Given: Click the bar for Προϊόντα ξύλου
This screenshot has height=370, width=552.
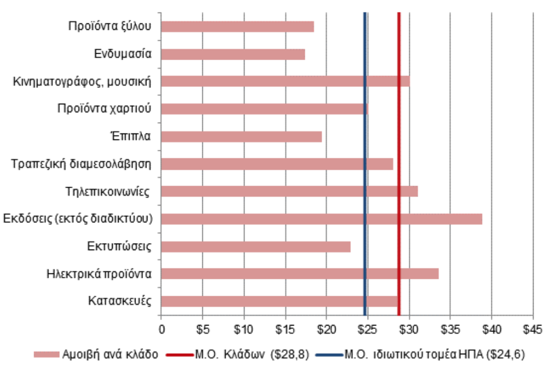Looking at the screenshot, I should [238, 27].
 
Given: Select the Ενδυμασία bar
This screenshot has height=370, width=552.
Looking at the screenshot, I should [233, 54].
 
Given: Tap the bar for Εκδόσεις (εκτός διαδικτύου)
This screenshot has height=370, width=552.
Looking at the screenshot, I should [322, 219].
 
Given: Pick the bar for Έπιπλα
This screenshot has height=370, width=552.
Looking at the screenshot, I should [241, 137].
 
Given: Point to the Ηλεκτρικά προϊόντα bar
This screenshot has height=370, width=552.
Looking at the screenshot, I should [300, 274].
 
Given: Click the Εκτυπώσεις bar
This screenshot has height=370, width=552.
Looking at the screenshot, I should [256, 247].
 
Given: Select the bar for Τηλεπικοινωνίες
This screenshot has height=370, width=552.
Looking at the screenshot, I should [290, 192].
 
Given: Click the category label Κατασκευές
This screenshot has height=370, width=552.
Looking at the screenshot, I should [119, 301].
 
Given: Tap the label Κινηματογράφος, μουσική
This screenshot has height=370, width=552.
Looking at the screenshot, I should [82, 81].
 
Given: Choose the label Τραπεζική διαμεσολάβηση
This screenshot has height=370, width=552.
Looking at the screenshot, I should [81, 164].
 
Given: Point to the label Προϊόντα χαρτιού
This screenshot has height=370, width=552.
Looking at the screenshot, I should [104, 109].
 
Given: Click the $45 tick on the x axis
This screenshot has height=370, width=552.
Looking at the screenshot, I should [533, 329].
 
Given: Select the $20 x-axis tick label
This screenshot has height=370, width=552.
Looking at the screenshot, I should [326, 329].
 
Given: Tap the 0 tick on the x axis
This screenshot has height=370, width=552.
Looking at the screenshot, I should [161, 329].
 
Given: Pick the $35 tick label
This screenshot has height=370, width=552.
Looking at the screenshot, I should [450, 329].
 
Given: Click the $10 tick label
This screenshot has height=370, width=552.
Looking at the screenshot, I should [243, 329].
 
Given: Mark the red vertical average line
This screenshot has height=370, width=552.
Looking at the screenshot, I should [399, 163].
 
